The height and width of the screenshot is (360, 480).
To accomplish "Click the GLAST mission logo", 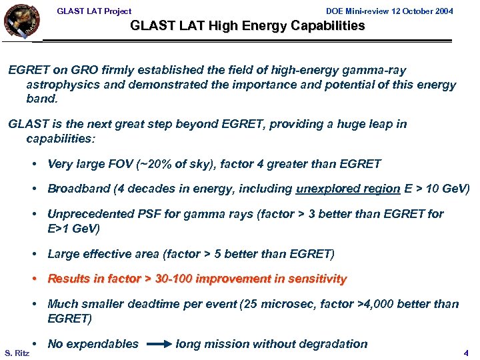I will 21,21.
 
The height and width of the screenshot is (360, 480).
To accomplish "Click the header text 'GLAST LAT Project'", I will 94,11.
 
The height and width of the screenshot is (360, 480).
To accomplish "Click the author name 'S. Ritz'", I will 17,353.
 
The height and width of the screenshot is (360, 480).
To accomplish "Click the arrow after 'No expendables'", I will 158,345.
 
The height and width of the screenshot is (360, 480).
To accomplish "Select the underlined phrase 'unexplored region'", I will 348,189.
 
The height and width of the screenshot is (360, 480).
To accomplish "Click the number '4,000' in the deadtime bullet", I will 375,304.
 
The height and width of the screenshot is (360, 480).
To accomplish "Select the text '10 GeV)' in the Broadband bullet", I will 449,189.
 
